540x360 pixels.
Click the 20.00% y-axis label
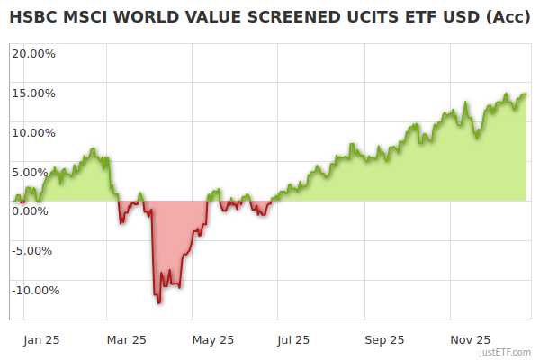click(x=33, y=53)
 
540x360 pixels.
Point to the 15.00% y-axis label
click(x=33, y=93)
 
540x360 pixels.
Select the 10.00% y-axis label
click(x=33, y=132)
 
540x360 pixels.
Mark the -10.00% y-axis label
click(x=35, y=290)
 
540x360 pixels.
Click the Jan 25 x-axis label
click(x=41, y=340)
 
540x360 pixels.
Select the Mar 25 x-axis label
click(x=126, y=340)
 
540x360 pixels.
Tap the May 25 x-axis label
click(x=213, y=340)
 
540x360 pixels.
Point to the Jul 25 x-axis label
click(x=293, y=340)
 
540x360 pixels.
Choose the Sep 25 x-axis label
click(x=383, y=340)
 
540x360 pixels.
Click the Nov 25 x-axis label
click(x=470, y=340)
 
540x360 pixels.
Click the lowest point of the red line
click(x=159, y=303)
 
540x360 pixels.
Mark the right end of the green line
click(x=526, y=94)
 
